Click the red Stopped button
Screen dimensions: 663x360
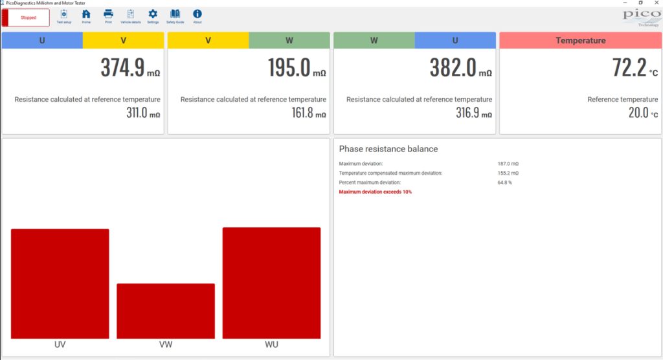click(x=26, y=17)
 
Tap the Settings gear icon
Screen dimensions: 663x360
click(x=153, y=14)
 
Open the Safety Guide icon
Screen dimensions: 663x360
click(x=175, y=14)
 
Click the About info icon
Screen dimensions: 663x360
click(x=197, y=14)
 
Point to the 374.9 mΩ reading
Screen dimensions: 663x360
click(x=130, y=68)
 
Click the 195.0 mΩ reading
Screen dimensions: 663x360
click(x=297, y=68)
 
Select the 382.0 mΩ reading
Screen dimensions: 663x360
click(x=461, y=68)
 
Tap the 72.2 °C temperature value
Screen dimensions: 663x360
click(x=635, y=68)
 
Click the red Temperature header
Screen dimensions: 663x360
click(x=581, y=41)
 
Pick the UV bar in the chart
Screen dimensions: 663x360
click(x=60, y=284)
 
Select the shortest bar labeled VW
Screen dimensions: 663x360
click(x=166, y=311)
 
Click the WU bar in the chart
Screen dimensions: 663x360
click(x=271, y=283)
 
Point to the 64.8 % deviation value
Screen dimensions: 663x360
click(x=505, y=183)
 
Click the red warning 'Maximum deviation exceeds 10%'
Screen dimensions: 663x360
click(x=375, y=192)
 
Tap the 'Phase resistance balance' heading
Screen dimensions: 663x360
click(x=388, y=149)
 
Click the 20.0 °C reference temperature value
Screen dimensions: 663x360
click(x=643, y=113)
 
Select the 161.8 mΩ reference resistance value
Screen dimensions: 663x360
click(x=309, y=113)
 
